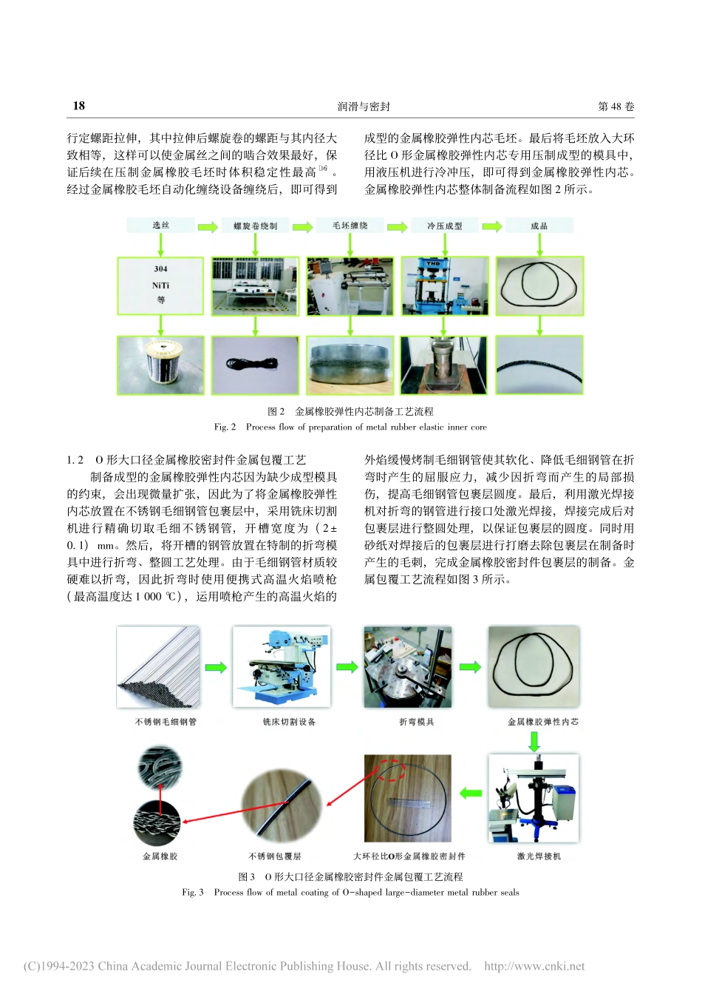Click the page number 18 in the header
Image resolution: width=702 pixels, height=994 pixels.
coord(78,106)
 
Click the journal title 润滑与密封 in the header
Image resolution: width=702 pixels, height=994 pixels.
coord(364,106)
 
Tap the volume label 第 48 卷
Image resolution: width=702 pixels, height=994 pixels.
coord(616,106)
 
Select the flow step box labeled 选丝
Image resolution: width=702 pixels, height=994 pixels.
coord(160,226)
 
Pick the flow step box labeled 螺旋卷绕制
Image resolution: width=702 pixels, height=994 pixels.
coord(255,226)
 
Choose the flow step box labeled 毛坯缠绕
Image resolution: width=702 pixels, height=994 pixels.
coord(350,226)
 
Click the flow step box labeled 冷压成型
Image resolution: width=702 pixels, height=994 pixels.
coord(444,226)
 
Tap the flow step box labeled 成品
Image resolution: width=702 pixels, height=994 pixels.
coord(539,226)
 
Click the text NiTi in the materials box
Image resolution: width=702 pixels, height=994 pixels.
coord(160,285)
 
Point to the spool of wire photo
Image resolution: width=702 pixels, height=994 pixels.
coord(160,365)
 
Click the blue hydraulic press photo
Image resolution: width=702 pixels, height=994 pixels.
coord(444,286)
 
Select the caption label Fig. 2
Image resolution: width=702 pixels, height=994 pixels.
coord(225,427)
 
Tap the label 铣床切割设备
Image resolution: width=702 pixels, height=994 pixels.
coord(289,722)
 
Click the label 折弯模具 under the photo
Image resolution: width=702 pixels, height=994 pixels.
coord(416,722)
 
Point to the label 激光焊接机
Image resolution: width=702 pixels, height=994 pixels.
coord(539,856)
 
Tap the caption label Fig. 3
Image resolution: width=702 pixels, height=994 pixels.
coord(193,893)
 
